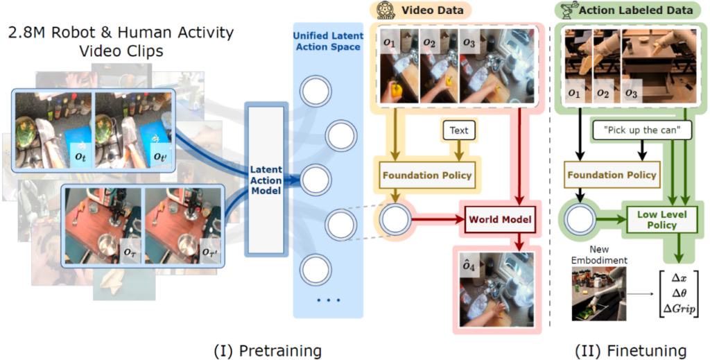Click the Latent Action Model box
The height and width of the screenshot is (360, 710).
tap(266, 181)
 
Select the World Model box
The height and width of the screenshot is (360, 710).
tap(500, 220)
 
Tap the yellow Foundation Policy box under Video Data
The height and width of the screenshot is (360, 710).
tap(426, 175)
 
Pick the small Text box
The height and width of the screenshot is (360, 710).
tap(458, 130)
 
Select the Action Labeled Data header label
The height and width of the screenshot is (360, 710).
tap(635, 10)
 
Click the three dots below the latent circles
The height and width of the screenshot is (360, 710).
tap(329, 300)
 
